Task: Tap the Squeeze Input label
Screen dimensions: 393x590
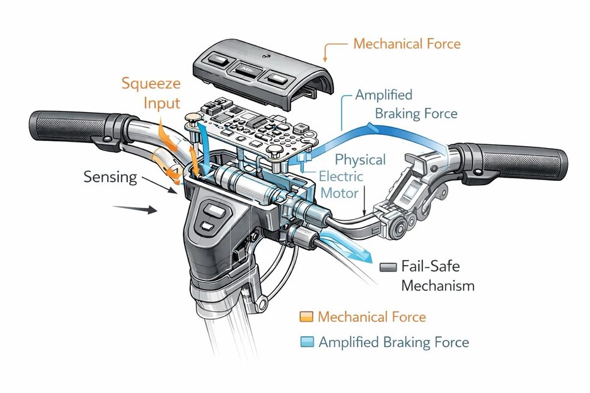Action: tap(150, 93)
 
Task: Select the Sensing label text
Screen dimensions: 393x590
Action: tap(110, 177)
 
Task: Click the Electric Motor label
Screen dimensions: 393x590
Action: tap(341, 184)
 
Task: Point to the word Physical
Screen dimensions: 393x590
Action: tap(360, 160)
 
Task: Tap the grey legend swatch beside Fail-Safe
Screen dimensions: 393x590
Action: tap(387, 267)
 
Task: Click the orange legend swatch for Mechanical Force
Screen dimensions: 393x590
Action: tap(307, 317)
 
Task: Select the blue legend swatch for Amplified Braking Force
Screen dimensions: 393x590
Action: tap(307, 343)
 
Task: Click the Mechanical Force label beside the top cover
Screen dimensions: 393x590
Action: tap(407, 44)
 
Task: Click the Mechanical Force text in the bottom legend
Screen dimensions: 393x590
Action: tap(372, 317)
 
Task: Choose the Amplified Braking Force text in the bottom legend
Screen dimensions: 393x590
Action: tap(394, 343)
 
